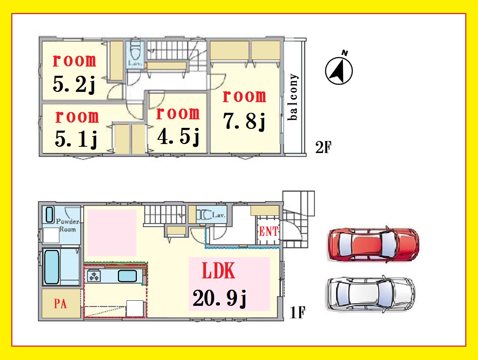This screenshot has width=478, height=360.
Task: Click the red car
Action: pyautogui.click(x=374, y=244)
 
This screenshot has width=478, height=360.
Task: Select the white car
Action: pyautogui.click(x=371, y=294)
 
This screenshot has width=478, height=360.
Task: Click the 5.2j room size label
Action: pyautogui.click(x=74, y=84)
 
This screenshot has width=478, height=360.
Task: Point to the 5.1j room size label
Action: pyautogui.click(x=76, y=139)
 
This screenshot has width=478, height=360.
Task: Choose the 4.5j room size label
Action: pyautogui.click(x=178, y=136)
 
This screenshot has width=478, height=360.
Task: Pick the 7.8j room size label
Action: pyautogui.click(x=244, y=121)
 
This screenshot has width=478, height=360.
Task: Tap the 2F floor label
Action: pyautogui.click(x=323, y=147)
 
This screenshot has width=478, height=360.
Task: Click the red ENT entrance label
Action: pyautogui.click(x=268, y=231)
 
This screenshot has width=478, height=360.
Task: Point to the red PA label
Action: pyautogui.click(x=60, y=304)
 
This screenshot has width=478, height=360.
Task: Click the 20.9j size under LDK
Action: pyautogui.click(x=219, y=298)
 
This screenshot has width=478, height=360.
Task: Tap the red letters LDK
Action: pyautogui.click(x=218, y=271)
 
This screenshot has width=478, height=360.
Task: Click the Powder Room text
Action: pyautogui.click(x=68, y=225)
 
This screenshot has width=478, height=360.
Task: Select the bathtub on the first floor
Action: pyautogui.click(x=52, y=267)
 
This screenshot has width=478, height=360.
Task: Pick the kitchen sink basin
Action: pyautogui.click(x=128, y=276)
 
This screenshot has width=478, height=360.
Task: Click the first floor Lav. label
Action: pyautogui.click(x=218, y=215)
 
